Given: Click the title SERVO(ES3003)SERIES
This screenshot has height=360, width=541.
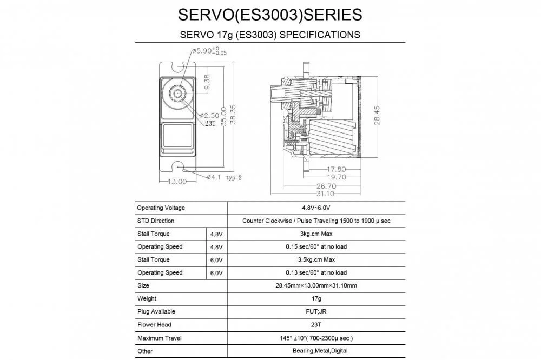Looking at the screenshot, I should pyautogui.click(x=270, y=14).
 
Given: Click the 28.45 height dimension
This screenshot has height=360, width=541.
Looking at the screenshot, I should pyautogui.click(x=377, y=115).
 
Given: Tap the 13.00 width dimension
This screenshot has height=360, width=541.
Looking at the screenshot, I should pyautogui.click(x=176, y=182).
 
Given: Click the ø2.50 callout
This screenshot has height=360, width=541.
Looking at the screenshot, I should pyautogui.click(x=209, y=116).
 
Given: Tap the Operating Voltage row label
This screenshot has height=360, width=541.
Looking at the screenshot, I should pyautogui.click(x=161, y=208).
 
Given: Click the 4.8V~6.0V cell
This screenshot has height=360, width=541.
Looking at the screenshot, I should pyautogui.click(x=316, y=208).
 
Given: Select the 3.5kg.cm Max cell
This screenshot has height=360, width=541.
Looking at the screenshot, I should pyautogui.click(x=316, y=259).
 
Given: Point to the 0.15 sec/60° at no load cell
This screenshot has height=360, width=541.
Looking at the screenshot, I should pyautogui.click(x=316, y=246).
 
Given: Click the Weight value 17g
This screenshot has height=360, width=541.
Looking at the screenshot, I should pyautogui.click(x=316, y=298).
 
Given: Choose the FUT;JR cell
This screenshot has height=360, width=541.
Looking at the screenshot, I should pyautogui.click(x=316, y=311).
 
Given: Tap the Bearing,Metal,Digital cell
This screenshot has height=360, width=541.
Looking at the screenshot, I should pyautogui.click(x=316, y=351).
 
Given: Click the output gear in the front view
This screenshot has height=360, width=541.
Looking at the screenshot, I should pyautogui.click(x=177, y=94).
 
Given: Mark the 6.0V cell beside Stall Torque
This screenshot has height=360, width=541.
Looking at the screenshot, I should pyautogui.click(x=216, y=259).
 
